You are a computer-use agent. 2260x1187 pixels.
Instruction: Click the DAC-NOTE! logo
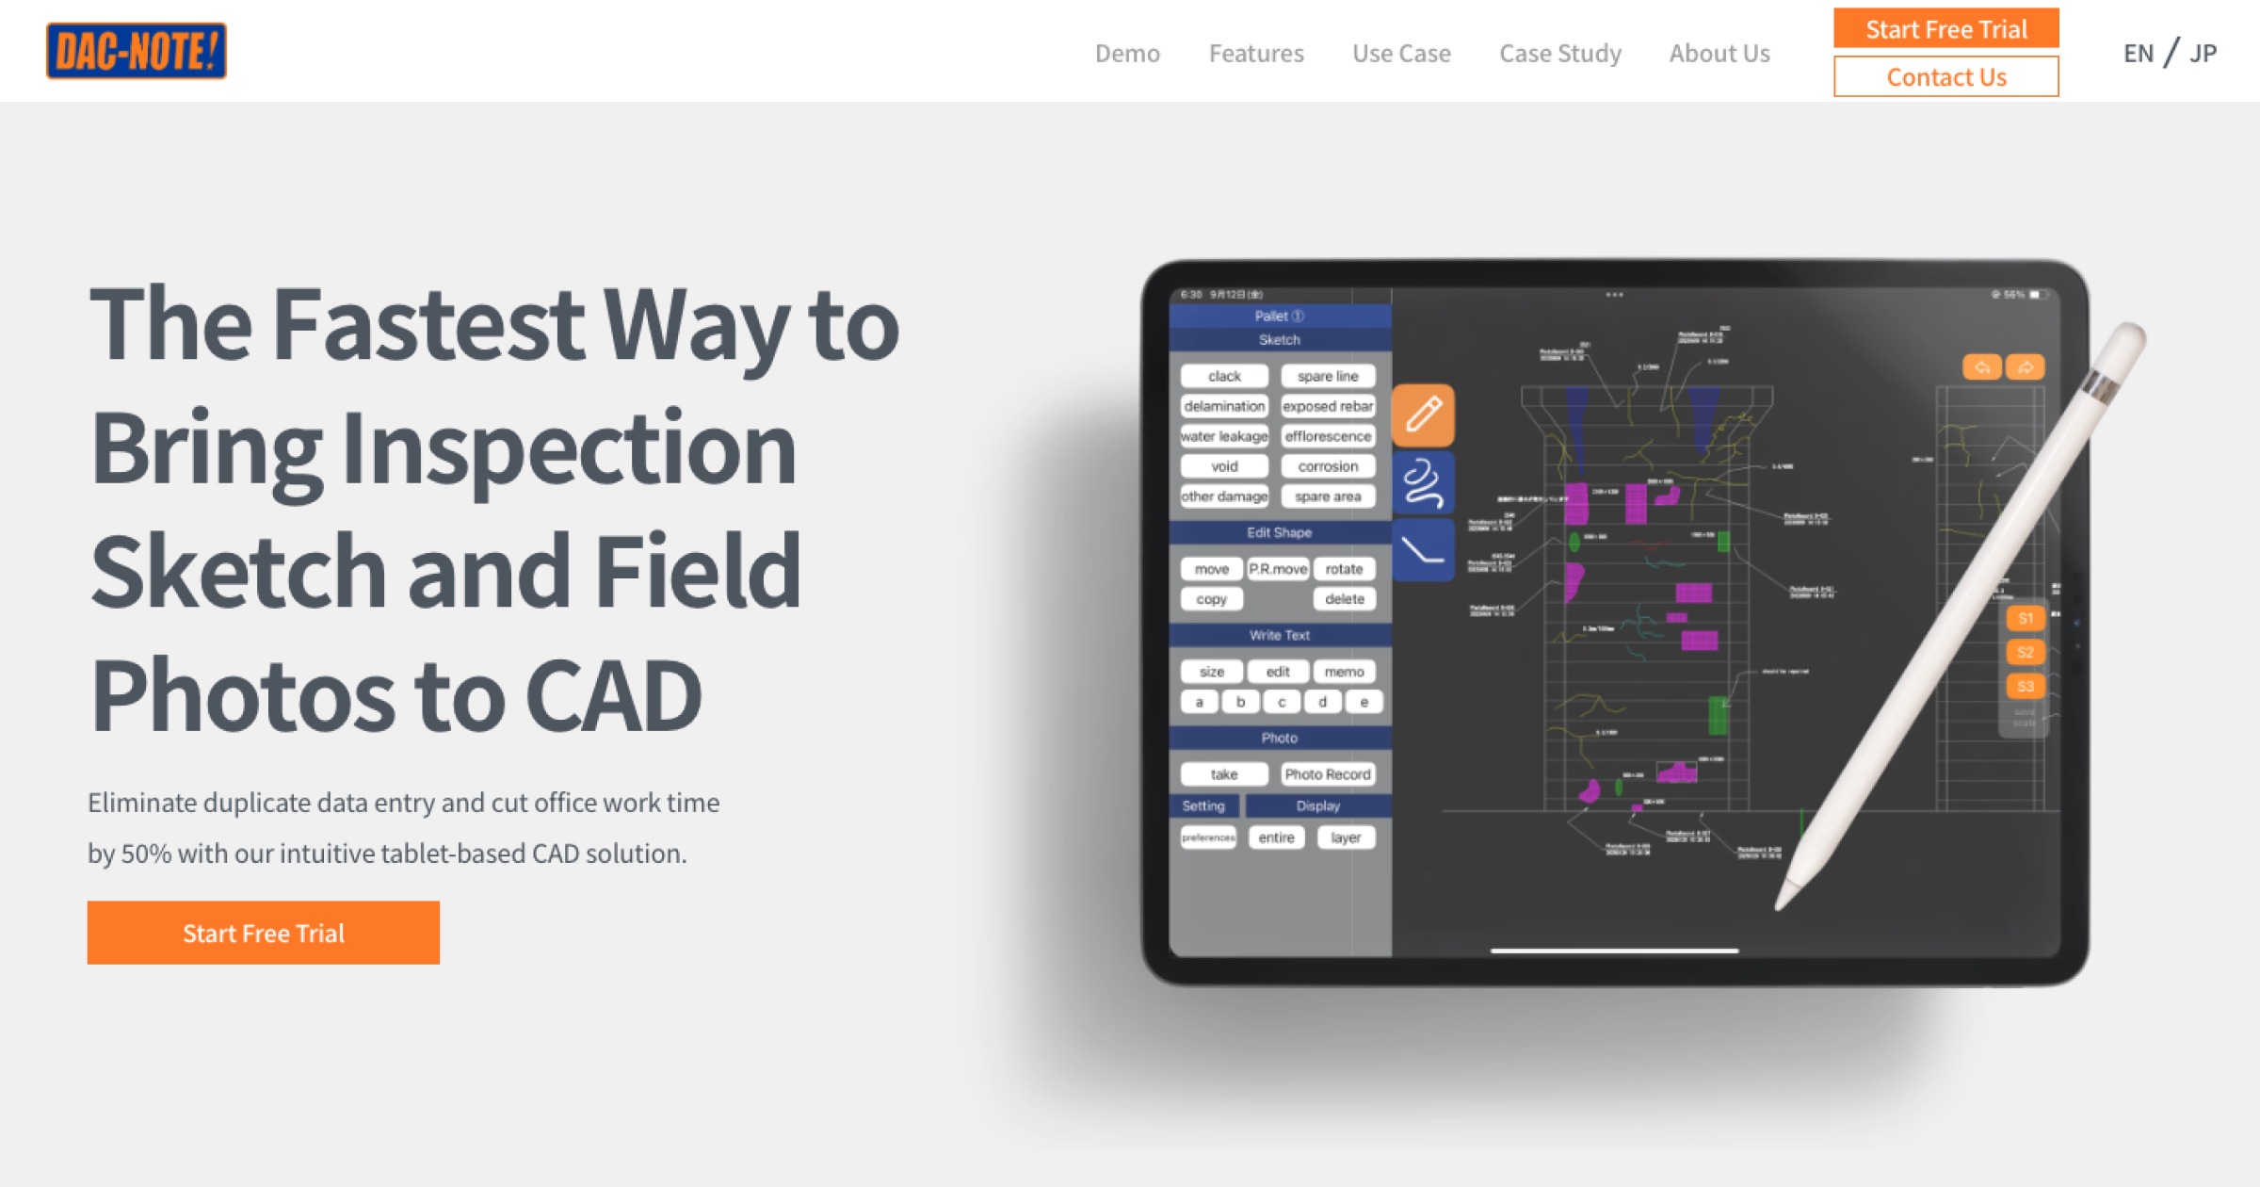click(137, 51)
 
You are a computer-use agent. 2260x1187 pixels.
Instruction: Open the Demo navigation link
click(1127, 54)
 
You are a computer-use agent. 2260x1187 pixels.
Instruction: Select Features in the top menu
click(1256, 54)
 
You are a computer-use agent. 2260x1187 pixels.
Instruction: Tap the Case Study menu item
click(1560, 54)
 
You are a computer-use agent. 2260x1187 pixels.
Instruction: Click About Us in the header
click(1719, 54)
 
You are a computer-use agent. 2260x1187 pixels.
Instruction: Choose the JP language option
click(2203, 54)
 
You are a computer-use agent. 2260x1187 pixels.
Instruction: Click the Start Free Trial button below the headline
click(264, 933)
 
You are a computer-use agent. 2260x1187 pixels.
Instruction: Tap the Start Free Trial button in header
click(1945, 29)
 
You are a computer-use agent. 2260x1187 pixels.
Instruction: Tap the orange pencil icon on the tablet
click(1423, 415)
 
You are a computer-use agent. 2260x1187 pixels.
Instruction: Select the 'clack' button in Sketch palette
click(1224, 376)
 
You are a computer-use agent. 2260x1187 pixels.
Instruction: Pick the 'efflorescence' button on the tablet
click(1328, 436)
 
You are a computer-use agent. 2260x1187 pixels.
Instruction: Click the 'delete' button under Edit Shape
click(1344, 599)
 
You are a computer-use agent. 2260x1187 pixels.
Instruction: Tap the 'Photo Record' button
click(1328, 774)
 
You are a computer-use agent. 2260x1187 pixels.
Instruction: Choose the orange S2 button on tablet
click(2025, 652)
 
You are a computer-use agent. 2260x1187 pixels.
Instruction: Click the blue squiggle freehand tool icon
click(1423, 482)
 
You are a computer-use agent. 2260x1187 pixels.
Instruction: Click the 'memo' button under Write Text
click(1344, 672)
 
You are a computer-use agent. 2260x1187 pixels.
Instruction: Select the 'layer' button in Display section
click(1346, 837)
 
